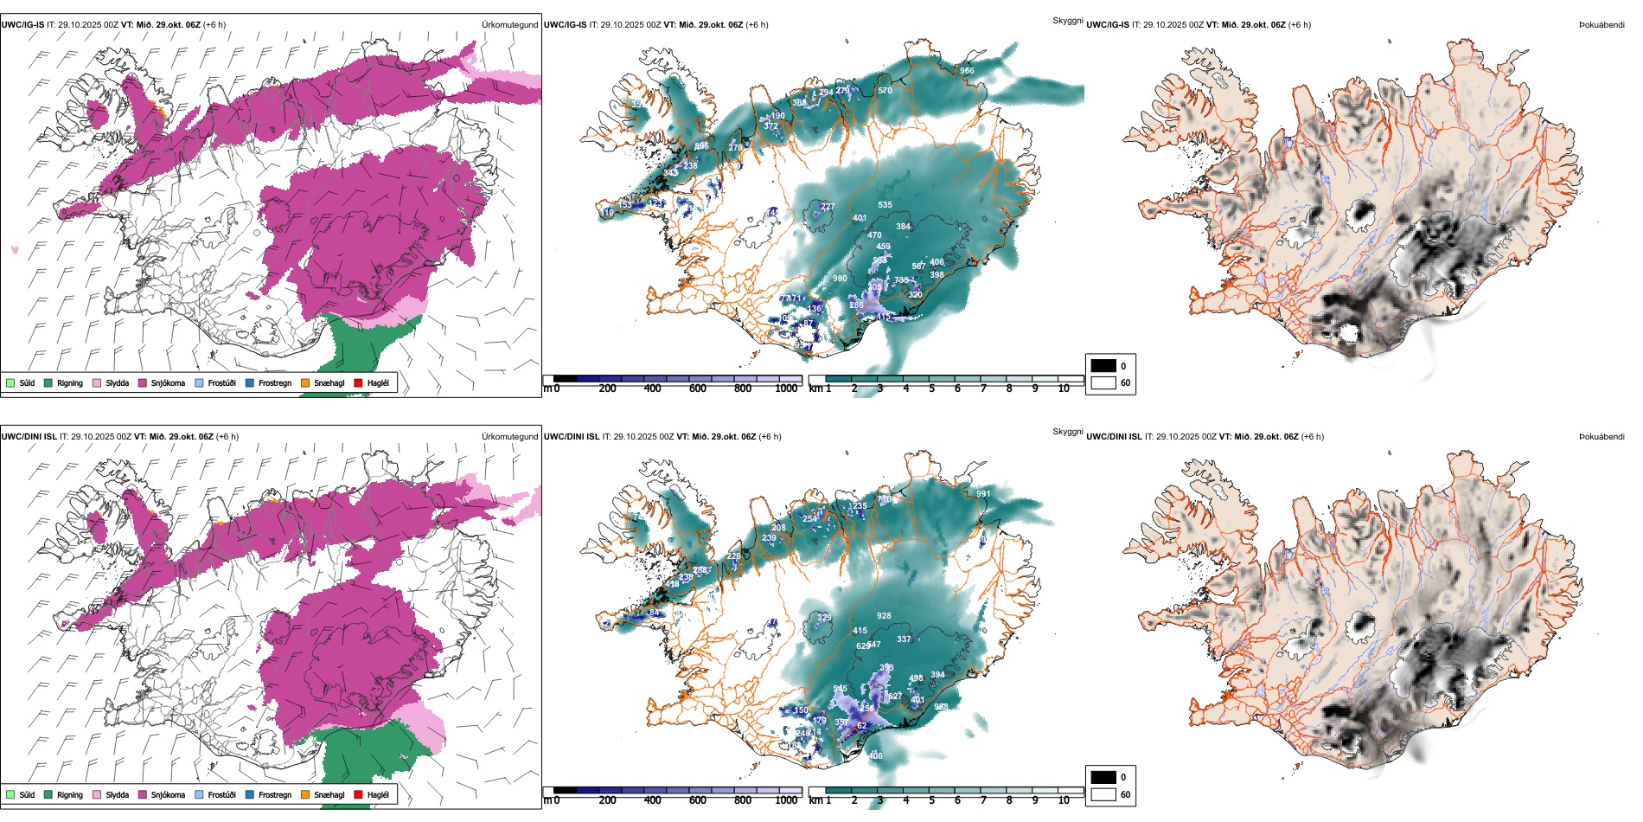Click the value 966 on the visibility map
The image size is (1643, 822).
967,71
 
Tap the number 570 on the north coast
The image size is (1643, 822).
885,91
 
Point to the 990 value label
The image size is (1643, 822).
840,279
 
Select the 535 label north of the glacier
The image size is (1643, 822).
885,205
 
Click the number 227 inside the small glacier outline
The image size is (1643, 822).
828,207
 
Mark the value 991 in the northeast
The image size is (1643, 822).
983,494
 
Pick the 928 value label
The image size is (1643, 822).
884,616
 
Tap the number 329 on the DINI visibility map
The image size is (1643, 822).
825,618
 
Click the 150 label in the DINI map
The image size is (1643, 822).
801,710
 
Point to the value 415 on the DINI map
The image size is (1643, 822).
860,631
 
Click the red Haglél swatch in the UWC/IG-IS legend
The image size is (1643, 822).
358,382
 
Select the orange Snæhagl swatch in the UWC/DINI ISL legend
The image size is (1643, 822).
305,794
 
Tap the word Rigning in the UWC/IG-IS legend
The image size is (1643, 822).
70,382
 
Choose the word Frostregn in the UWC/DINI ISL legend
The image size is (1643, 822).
275,794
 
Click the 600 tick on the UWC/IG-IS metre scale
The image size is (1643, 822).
698,389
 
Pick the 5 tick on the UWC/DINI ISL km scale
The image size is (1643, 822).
931,800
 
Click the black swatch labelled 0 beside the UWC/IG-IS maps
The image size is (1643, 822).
1103,366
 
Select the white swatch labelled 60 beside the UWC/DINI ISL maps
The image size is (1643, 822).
1103,794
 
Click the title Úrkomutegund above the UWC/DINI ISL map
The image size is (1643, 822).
509,436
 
